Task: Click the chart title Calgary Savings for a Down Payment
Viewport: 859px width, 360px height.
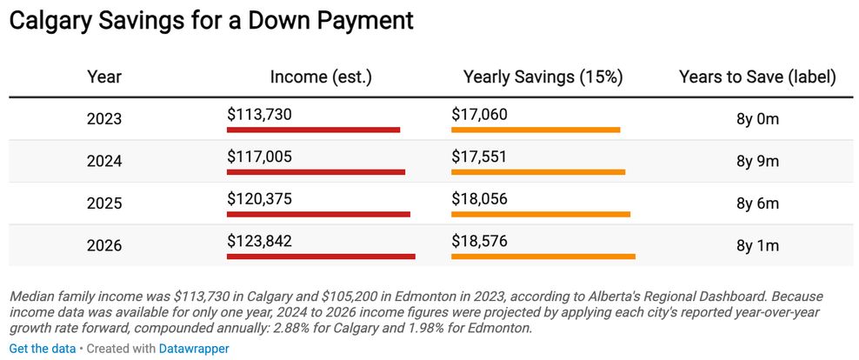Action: click(x=211, y=22)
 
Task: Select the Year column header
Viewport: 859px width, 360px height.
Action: click(x=104, y=77)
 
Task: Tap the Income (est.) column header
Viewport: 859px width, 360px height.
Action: click(x=321, y=77)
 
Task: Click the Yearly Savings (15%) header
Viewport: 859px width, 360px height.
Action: click(x=543, y=77)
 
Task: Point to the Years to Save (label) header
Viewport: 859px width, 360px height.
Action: click(x=757, y=77)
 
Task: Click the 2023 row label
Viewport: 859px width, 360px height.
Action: click(x=104, y=119)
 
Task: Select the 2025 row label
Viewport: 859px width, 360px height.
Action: click(x=104, y=203)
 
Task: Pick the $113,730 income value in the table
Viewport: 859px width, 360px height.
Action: click(x=260, y=115)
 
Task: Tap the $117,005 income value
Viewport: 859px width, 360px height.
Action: click(x=260, y=157)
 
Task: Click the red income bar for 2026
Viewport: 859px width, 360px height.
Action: click(x=321, y=257)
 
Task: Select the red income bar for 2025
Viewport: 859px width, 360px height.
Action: click(x=319, y=214)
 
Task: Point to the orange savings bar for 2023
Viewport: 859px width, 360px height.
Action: click(x=536, y=130)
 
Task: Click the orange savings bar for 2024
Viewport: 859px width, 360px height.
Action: click(x=538, y=172)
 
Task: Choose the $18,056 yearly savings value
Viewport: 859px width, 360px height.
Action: click(x=479, y=199)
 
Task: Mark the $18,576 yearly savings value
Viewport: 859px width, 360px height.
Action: click(x=479, y=241)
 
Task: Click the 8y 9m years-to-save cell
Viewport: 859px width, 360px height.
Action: click(x=757, y=162)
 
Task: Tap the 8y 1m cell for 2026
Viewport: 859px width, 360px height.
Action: click(x=757, y=246)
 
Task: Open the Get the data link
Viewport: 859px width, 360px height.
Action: click(x=43, y=349)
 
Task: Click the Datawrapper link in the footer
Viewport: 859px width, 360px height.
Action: click(x=194, y=349)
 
